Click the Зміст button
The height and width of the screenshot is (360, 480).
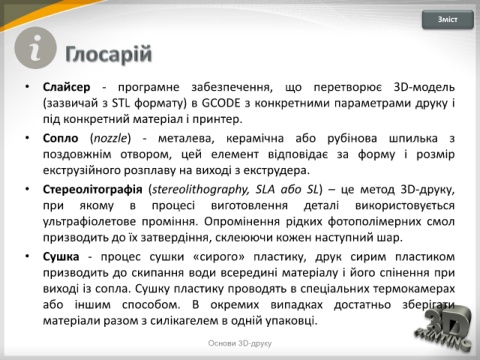click(448, 20)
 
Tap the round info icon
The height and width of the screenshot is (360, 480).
click(35, 48)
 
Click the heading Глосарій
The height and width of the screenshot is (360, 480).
click(109, 54)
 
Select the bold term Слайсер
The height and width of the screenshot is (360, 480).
click(67, 87)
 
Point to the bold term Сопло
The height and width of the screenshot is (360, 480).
click(61, 138)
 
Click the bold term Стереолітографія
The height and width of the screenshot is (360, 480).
click(93, 189)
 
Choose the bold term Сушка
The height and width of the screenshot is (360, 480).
click(61, 256)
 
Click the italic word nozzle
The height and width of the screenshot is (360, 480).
click(111, 138)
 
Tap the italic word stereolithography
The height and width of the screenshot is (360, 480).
click(201, 189)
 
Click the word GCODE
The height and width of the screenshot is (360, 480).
click(221, 103)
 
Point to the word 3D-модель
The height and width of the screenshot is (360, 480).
click(424, 87)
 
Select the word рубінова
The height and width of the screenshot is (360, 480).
click(352, 138)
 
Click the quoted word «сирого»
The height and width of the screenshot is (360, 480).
click(219, 256)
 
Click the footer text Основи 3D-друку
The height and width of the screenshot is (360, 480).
click(240, 343)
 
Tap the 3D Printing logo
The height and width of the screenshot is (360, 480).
click(444, 328)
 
